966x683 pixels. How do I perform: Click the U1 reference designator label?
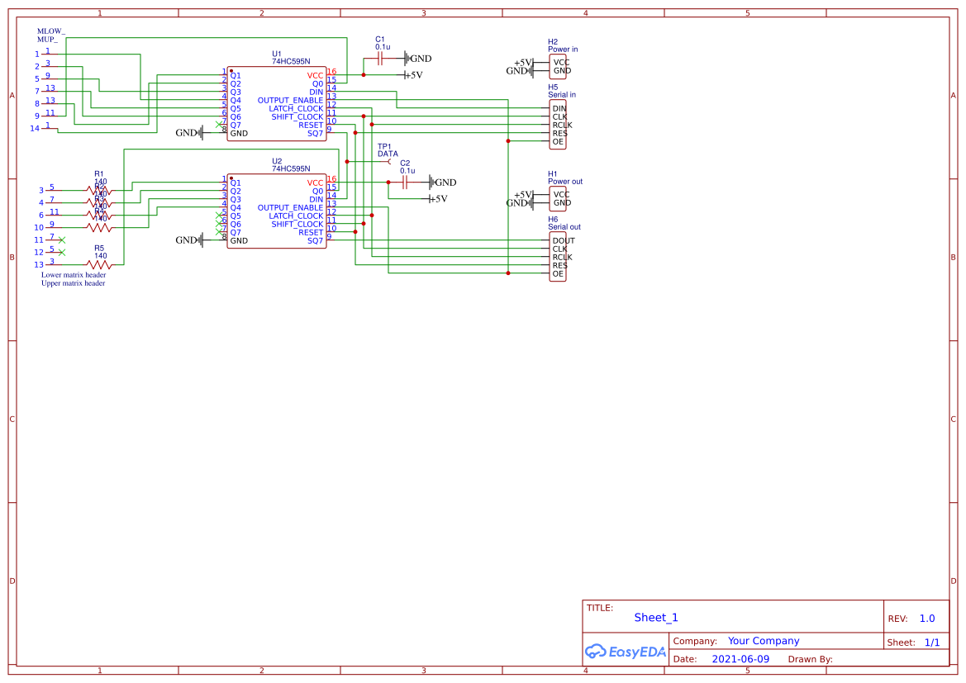277,54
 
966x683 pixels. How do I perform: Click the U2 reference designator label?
277,161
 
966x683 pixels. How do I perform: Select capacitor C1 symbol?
380,58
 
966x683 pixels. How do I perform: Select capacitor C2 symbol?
405,183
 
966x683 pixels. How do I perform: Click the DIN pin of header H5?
559,108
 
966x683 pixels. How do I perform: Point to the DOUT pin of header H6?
564,240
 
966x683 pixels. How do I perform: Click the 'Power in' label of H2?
563,50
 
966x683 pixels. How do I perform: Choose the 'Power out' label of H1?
565,182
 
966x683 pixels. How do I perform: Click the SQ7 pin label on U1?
315,133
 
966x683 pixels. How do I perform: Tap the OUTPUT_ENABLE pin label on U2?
290,207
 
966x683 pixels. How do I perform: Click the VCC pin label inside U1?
315,75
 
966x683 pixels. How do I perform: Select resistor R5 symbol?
99,265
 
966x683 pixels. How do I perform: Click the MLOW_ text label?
50,31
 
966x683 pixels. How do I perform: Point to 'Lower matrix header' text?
74,275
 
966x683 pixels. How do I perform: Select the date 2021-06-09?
740,659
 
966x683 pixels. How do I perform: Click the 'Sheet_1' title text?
656,618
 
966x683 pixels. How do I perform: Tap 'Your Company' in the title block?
764,641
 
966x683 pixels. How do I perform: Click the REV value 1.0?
927,619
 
